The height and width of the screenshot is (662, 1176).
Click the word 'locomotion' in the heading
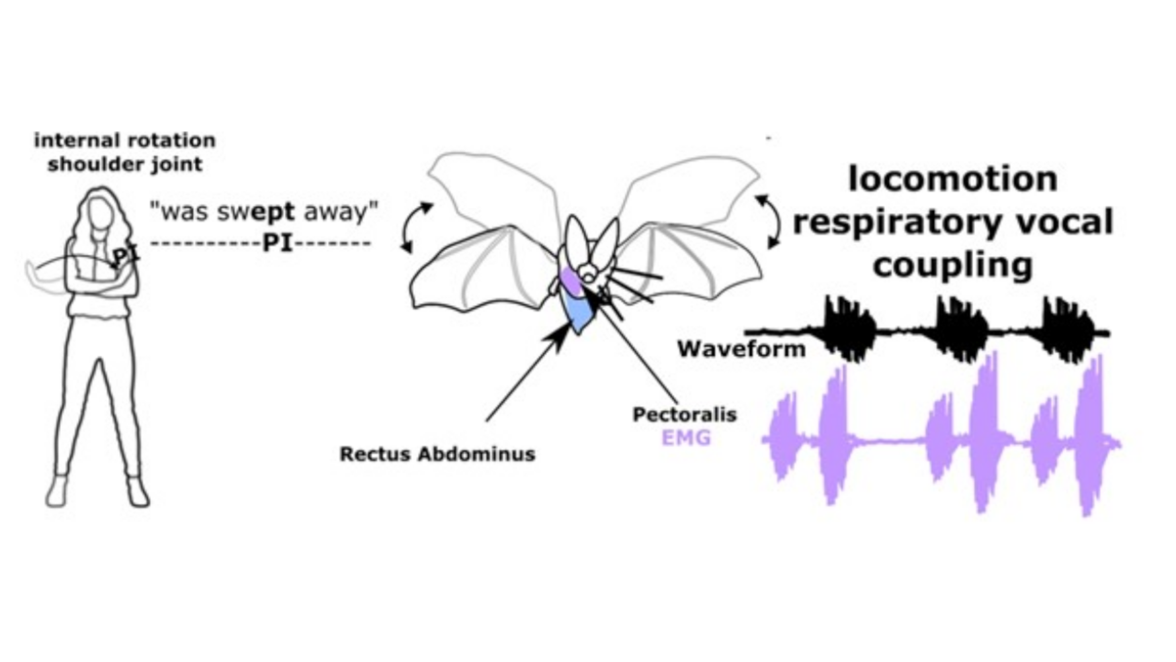(x=952, y=179)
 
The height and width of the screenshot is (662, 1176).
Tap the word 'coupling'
(x=952, y=265)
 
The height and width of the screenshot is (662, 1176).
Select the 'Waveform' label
(x=741, y=349)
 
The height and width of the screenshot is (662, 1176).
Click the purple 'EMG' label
(x=686, y=438)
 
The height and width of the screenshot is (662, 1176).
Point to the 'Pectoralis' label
(x=685, y=414)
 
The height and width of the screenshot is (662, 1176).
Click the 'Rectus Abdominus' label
(x=437, y=454)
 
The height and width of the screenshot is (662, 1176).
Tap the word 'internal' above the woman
(x=72, y=140)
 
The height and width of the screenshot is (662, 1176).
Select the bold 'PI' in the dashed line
(x=278, y=243)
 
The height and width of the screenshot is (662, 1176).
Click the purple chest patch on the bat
(x=570, y=281)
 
